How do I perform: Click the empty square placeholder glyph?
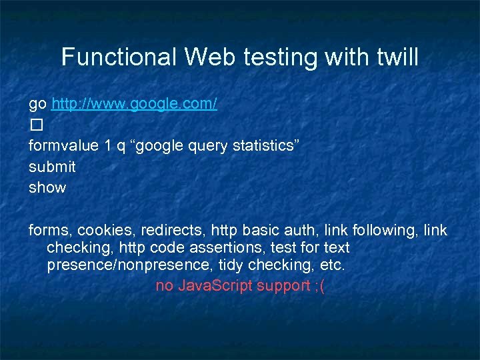coord(35,125)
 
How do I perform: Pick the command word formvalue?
coord(64,146)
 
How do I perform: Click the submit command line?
coord(52,167)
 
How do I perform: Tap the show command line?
coord(47,187)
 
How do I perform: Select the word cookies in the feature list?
coord(104,231)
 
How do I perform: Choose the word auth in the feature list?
coord(304,231)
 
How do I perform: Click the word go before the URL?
coord(37,104)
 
